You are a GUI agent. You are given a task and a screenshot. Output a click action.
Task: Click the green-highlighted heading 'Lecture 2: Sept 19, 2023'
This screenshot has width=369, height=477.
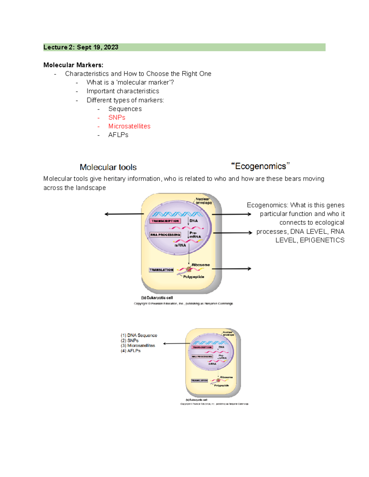tap(81, 47)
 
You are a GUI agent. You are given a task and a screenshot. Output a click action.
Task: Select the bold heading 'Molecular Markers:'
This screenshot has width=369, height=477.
tap(73, 65)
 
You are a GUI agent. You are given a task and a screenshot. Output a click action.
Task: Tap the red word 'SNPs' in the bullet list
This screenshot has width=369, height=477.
tap(117, 118)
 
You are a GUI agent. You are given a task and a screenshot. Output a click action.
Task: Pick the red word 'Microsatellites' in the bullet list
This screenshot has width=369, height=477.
tap(129, 126)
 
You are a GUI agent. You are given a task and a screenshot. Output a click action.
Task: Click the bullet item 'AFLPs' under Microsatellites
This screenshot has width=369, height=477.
tap(118, 135)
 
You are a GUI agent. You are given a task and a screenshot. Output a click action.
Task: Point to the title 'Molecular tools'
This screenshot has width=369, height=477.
tap(108, 167)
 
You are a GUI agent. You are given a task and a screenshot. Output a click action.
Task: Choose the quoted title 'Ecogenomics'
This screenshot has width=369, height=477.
tap(260, 166)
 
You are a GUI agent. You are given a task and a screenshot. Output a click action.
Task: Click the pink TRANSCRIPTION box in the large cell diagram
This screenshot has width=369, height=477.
tap(165, 221)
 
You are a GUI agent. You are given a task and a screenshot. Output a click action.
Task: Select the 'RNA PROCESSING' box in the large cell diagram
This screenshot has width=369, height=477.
tap(165, 235)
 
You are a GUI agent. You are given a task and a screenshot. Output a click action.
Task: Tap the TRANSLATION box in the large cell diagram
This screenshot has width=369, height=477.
tap(161, 270)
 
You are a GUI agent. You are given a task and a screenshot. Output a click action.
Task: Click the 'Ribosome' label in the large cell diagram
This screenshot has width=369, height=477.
tap(201, 265)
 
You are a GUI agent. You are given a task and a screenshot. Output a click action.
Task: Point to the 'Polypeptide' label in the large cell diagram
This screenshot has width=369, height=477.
tap(194, 277)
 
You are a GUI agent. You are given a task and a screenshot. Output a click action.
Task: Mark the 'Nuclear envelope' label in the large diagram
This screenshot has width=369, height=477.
tap(204, 201)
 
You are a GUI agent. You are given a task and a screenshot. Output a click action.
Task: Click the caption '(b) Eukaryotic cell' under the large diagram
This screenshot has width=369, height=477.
tap(157, 298)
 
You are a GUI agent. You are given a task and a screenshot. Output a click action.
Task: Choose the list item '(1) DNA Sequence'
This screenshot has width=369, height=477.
tap(139, 335)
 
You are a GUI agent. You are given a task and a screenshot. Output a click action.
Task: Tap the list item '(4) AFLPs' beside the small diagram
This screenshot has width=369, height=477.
tap(131, 351)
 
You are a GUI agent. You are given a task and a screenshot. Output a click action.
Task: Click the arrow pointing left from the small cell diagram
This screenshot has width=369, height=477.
tap(174, 344)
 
